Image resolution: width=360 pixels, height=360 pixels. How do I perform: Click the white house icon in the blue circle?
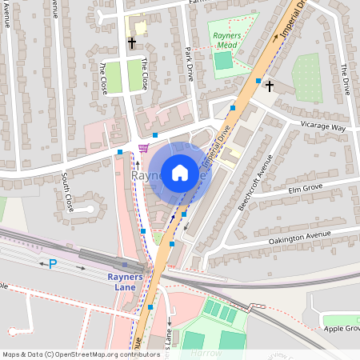180,172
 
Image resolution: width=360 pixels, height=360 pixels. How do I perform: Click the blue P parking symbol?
53,264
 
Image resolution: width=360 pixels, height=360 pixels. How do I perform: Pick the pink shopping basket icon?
143,147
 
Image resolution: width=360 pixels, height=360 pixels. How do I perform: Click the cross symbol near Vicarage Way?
270,85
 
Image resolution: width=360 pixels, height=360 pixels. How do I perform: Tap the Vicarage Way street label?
327,127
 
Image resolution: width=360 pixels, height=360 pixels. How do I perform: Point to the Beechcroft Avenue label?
255,183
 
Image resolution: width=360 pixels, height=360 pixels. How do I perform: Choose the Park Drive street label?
190,63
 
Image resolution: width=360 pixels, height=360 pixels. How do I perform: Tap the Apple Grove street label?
342,328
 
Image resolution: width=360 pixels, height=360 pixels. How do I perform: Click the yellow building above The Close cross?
139,26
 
